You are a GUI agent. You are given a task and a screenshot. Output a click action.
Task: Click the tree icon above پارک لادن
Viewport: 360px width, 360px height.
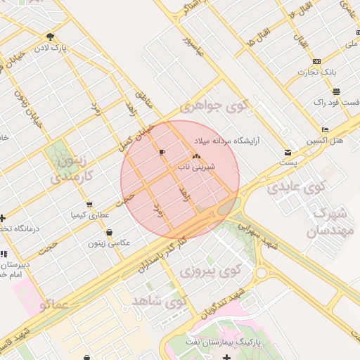coord(50,37)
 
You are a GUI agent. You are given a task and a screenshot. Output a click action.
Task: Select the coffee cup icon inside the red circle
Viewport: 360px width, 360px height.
coord(162,152)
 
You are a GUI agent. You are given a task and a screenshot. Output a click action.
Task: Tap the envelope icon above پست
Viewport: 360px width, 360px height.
coord(288,153)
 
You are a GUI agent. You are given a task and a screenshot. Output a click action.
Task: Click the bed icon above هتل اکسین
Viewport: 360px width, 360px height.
coord(324,130)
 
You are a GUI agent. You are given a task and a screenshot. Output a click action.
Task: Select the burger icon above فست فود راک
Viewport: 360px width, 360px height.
coord(337,91)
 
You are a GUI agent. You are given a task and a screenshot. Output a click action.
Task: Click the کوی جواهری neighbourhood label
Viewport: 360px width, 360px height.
coord(214,107)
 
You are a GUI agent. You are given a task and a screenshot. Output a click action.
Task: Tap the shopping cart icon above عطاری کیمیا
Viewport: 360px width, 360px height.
coord(89,205)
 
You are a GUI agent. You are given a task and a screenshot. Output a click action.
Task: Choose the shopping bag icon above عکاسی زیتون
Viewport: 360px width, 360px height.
coord(109,233)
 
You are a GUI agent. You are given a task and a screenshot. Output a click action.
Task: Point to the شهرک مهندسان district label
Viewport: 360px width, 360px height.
coord(327,222)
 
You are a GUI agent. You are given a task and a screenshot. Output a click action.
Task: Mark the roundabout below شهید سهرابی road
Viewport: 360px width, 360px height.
coord(262,273)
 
